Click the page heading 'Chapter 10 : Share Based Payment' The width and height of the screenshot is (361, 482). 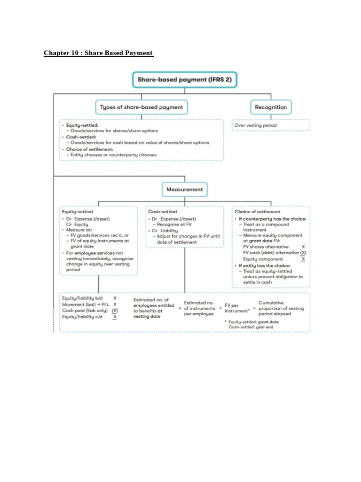click(x=99, y=53)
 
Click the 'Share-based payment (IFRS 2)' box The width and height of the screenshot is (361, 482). click(x=184, y=80)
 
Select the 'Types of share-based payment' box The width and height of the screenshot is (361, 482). click(x=141, y=107)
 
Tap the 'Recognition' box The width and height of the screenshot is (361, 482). click(x=271, y=107)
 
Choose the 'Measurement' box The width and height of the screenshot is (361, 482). click(x=185, y=189)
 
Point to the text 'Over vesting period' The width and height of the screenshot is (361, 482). click(x=257, y=125)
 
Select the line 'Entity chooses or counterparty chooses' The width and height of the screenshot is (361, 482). click(x=113, y=154)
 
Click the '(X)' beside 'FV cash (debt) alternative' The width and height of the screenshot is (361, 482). click(x=303, y=253)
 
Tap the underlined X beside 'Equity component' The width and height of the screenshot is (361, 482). click(x=303, y=259)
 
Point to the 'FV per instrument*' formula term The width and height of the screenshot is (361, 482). click(x=237, y=308)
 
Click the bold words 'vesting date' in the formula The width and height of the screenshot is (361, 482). click(x=147, y=317)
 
